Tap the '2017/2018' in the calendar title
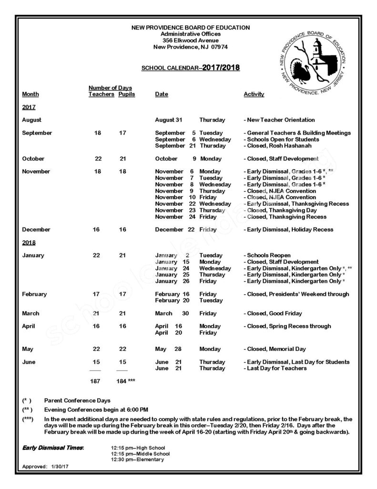click(221, 68)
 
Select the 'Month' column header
click(31, 95)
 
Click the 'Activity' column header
click(254, 95)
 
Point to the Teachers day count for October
click(98, 159)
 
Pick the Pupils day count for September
click(122, 133)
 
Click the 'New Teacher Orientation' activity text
click(281, 120)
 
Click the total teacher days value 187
click(96, 381)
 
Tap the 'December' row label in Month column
click(36, 230)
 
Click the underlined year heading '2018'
click(29, 243)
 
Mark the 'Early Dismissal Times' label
click(53, 447)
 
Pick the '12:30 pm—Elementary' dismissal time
click(137, 459)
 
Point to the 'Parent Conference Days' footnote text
click(77, 400)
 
